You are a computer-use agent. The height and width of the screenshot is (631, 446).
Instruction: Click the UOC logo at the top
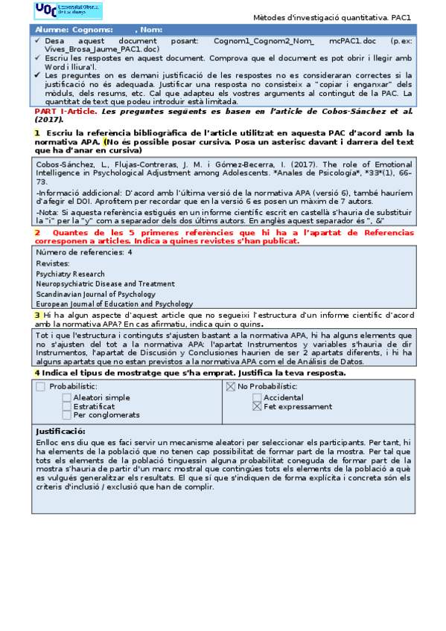click(x=68, y=10)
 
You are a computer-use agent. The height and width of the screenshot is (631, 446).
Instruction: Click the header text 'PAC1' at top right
click(x=401, y=17)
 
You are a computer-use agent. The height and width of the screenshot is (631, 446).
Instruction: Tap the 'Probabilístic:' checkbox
click(x=40, y=386)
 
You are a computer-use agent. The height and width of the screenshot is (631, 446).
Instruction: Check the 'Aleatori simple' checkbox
click(x=67, y=397)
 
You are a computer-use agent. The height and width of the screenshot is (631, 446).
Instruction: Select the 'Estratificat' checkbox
click(x=67, y=406)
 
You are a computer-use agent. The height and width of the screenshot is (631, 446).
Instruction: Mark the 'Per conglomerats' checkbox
click(x=67, y=415)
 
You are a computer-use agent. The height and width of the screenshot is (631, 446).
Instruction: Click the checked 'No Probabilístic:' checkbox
click(x=231, y=386)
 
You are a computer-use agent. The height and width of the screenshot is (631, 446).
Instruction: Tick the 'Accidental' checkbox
click(x=257, y=397)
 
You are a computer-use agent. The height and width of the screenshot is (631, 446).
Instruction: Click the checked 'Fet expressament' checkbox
click(x=257, y=407)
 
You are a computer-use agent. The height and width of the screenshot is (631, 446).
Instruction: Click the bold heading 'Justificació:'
click(x=60, y=432)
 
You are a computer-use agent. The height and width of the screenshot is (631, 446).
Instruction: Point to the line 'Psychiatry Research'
click(x=70, y=274)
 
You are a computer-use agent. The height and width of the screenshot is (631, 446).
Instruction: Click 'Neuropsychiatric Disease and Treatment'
click(x=105, y=284)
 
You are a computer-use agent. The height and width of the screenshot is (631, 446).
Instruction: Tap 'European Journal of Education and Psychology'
click(x=114, y=304)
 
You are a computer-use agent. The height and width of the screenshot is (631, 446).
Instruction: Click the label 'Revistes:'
click(x=53, y=263)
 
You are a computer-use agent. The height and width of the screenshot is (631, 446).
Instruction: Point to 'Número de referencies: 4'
click(x=84, y=252)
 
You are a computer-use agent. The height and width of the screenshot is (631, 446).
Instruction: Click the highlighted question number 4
click(x=36, y=372)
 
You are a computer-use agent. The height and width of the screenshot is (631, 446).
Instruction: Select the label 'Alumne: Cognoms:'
click(x=71, y=29)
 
